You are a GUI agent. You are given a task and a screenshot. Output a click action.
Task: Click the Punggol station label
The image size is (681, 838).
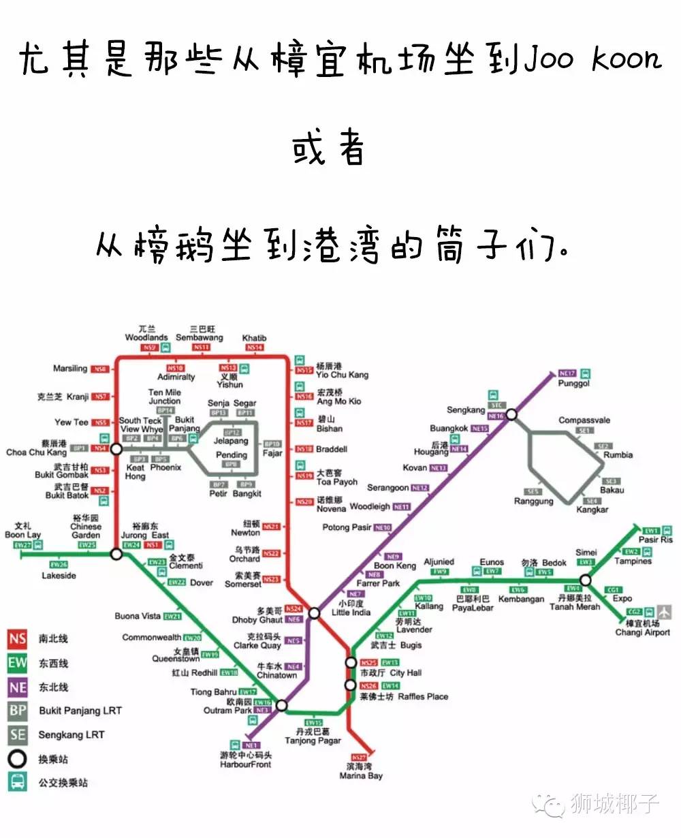[x=573, y=384]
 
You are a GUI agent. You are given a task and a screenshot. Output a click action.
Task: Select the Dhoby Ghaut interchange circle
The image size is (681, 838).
[x=314, y=613]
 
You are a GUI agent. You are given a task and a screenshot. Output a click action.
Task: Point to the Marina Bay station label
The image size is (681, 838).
[x=361, y=775]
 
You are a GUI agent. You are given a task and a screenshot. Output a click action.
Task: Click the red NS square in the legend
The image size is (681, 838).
[x=18, y=639]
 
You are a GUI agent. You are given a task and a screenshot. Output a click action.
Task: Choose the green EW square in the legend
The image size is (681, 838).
[x=18, y=663]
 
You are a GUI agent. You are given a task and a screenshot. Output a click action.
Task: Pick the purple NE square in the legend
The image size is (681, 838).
[x=18, y=687]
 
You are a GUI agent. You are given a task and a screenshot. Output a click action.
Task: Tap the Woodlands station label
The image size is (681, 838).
[x=146, y=337]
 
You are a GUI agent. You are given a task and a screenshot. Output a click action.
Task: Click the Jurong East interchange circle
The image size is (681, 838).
[x=116, y=555]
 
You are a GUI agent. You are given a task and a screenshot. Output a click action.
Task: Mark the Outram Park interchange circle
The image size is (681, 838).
[x=281, y=706]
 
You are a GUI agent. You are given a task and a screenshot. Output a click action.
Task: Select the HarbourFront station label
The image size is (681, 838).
[x=245, y=764]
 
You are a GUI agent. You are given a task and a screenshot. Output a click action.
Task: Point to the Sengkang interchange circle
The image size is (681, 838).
[x=511, y=414]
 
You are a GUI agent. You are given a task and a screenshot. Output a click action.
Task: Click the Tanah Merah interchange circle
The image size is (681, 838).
[x=586, y=580]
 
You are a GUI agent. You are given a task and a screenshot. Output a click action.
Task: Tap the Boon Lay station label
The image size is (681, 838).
[x=22, y=535]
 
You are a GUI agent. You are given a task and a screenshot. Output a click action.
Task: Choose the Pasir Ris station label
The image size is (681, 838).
[x=655, y=540]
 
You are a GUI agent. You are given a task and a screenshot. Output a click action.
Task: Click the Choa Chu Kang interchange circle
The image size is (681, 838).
[x=116, y=449]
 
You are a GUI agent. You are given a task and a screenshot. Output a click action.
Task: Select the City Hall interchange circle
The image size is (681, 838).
[x=350, y=662]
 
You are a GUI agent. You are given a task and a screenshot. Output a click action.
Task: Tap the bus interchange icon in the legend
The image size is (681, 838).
[x=18, y=782]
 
